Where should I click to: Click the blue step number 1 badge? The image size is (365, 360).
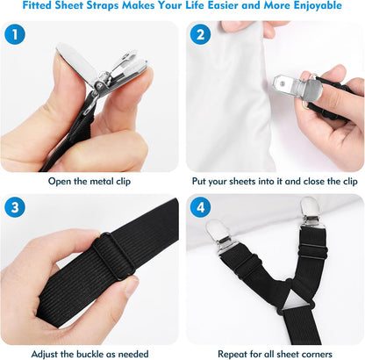point(15,34)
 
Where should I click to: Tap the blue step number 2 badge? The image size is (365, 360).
point(200,34)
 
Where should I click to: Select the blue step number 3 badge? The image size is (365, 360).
point(15,207)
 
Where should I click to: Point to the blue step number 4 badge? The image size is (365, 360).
point(200,207)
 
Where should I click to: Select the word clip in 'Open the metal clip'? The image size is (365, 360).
point(123,182)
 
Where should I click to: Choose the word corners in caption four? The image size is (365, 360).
point(314,355)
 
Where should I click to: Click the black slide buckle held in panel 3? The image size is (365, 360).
point(114,256)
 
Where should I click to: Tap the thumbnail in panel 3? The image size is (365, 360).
point(132,287)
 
